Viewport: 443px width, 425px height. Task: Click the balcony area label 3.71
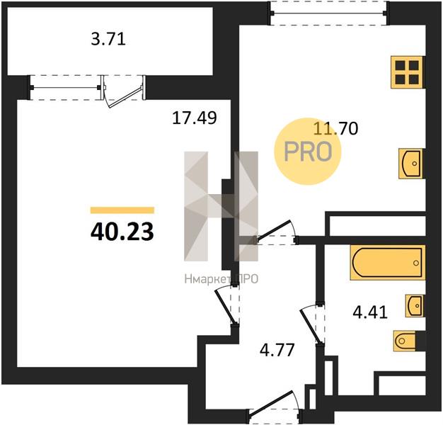point(108,39)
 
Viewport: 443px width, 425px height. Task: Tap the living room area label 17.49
point(195,118)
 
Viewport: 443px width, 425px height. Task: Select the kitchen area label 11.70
point(336,128)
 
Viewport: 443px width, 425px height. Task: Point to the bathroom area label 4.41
point(370,312)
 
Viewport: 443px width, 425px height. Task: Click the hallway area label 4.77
point(277,350)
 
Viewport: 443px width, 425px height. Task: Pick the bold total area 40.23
point(122,232)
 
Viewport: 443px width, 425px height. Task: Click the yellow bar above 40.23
point(122,210)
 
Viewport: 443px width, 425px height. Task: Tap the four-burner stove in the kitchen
point(407,72)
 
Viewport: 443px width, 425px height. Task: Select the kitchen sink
point(411,164)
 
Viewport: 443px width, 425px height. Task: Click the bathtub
point(388,263)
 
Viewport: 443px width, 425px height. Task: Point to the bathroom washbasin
point(415,305)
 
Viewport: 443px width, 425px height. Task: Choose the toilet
point(405,341)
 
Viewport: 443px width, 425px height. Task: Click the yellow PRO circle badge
point(308,152)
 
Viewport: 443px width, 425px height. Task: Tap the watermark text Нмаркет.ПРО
point(221,279)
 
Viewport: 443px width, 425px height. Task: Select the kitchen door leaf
point(274,230)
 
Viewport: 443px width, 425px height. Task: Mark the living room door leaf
point(225,306)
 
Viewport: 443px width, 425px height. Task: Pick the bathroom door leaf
point(311,326)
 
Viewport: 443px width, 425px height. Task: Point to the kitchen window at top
point(328,13)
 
